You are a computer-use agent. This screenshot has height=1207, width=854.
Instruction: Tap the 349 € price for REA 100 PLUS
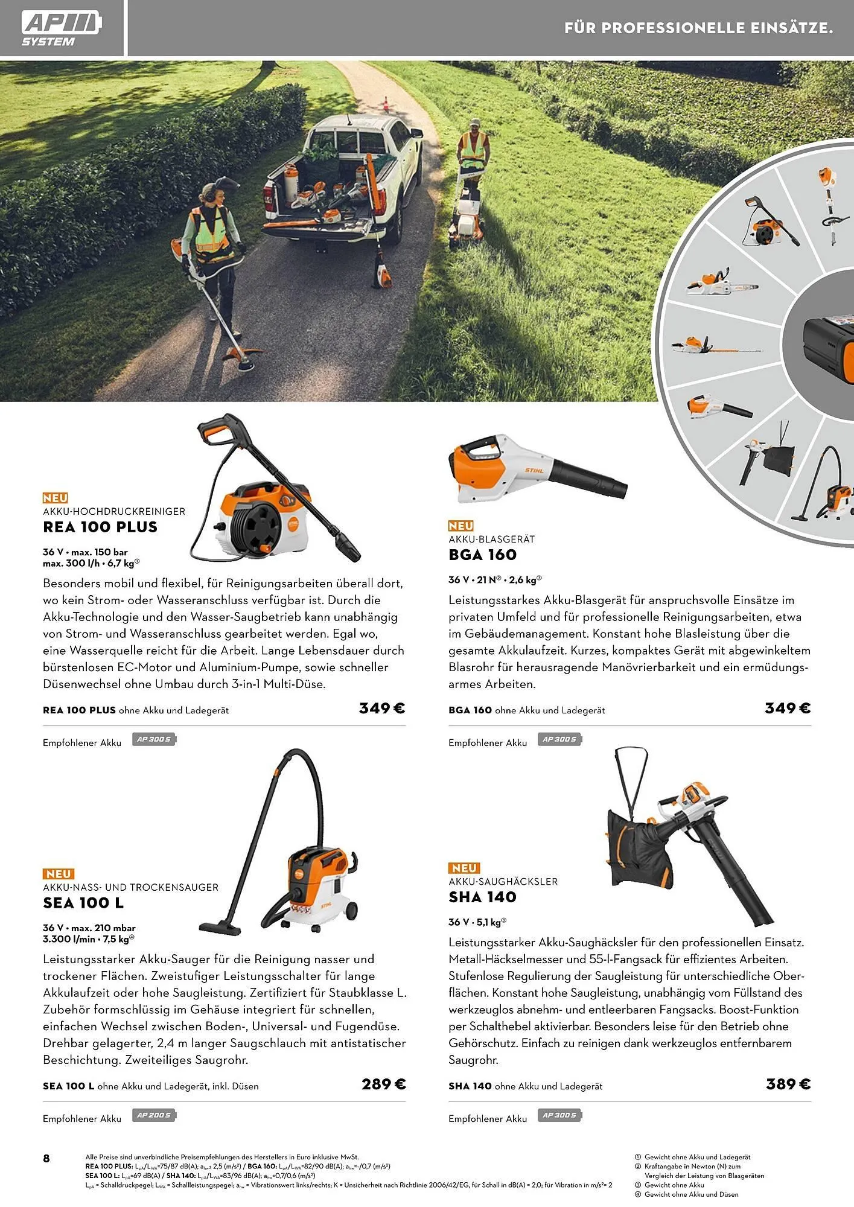coord(381,709)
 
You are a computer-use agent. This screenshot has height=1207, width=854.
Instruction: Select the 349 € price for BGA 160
coord(787,709)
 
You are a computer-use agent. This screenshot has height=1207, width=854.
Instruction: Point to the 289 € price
coord(383,1084)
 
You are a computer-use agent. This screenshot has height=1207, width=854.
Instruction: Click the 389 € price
coord(788,1084)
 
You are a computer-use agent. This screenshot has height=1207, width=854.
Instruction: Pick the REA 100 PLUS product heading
coord(100,527)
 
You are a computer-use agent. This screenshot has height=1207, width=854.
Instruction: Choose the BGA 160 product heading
coord(482,555)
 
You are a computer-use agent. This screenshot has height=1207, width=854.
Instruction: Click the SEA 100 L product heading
coord(83,903)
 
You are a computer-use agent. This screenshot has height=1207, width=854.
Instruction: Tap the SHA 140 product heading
coord(482,897)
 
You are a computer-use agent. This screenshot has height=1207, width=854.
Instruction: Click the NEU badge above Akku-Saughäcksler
coord(464,868)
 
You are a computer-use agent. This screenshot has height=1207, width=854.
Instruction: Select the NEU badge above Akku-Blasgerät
coord(460,526)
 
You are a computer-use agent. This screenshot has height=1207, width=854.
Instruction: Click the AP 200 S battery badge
coord(154,1115)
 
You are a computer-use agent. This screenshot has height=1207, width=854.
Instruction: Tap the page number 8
coord(46,1158)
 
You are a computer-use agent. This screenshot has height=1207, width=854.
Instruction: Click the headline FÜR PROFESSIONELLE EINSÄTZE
coord(698,28)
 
